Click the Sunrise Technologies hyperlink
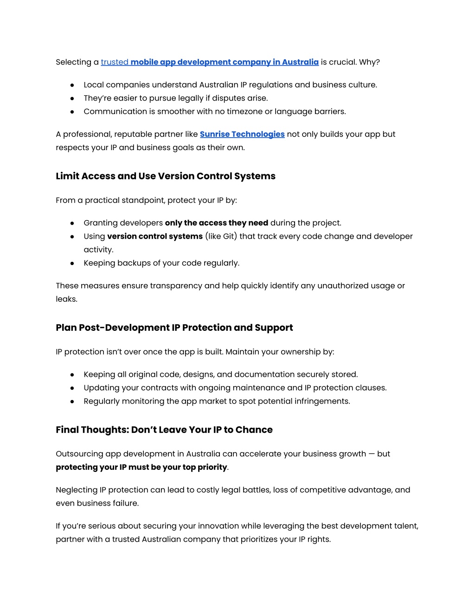(x=242, y=134)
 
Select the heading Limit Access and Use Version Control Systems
(x=166, y=176)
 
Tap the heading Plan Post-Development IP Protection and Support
(x=174, y=328)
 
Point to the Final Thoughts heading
(x=164, y=430)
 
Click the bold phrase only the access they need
(x=217, y=223)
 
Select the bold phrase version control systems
(x=155, y=236)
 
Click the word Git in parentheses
(x=229, y=236)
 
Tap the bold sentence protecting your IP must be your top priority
(x=141, y=467)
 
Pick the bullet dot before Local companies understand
(x=72, y=85)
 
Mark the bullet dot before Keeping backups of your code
(x=72, y=263)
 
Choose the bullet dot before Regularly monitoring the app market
(x=72, y=401)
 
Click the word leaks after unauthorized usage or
(x=66, y=299)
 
